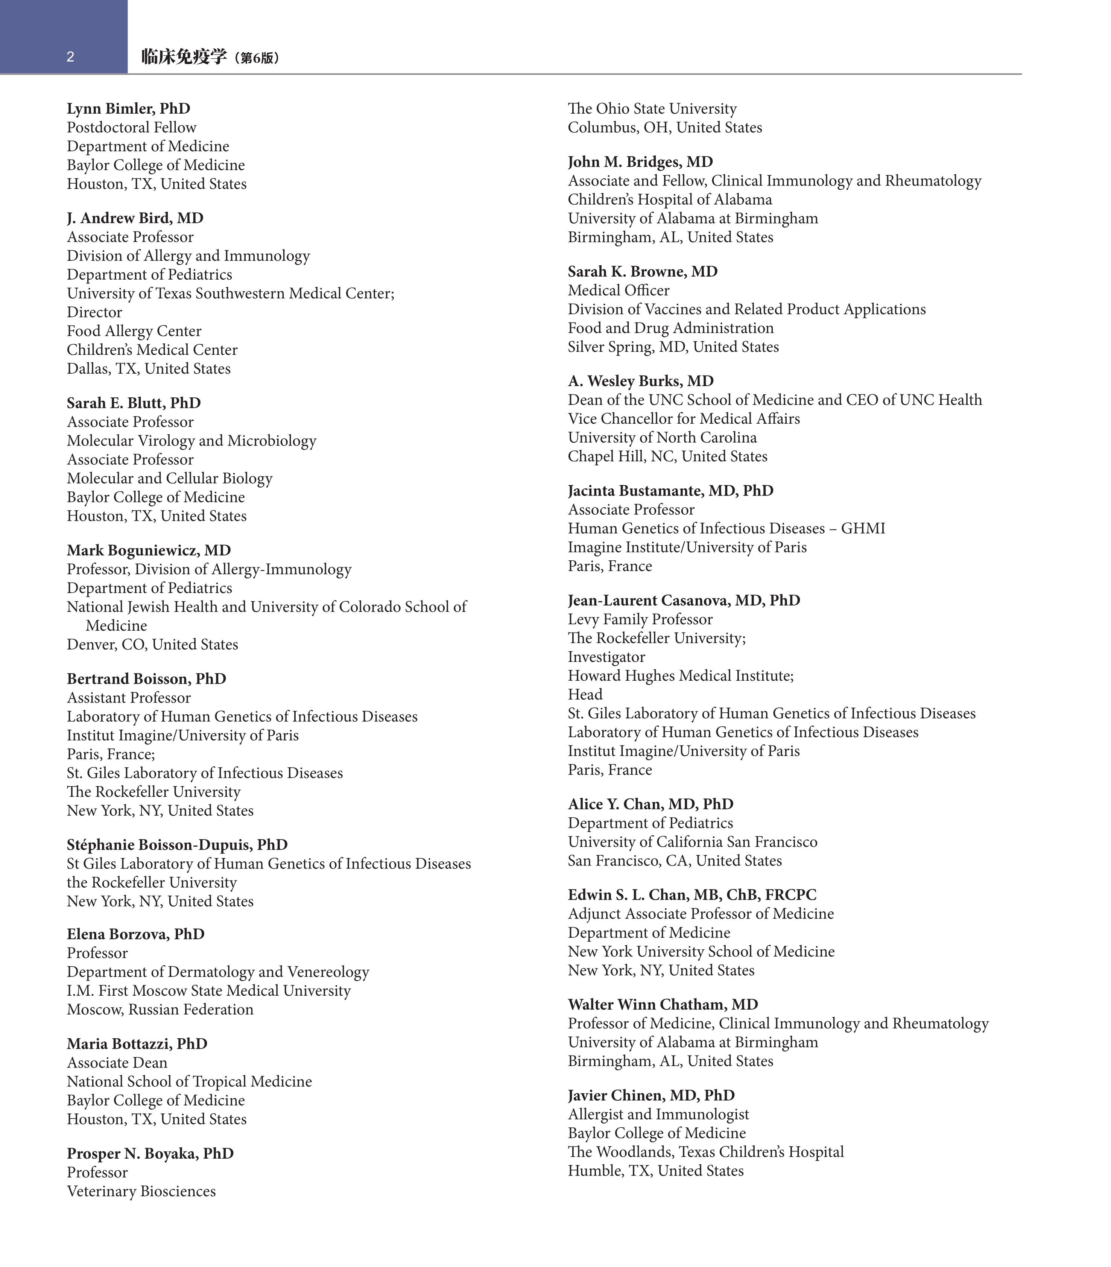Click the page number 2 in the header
click(x=70, y=57)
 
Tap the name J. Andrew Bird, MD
click(x=135, y=218)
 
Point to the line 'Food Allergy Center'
click(x=134, y=331)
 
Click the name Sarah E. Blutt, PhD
click(x=134, y=403)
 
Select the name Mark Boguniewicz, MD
click(x=149, y=551)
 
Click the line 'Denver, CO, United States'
click(x=152, y=645)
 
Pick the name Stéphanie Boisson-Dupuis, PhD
click(x=177, y=845)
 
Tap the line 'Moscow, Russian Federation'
click(x=160, y=1010)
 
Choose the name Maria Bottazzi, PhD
click(x=137, y=1044)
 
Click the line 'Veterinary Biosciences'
click(x=141, y=1191)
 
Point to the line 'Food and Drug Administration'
click(x=670, y=328)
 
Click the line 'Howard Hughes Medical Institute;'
click(x=680, y=676)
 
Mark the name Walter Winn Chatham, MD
click(x=663, y=1005)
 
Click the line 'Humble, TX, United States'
click(x=655, y=1171)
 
